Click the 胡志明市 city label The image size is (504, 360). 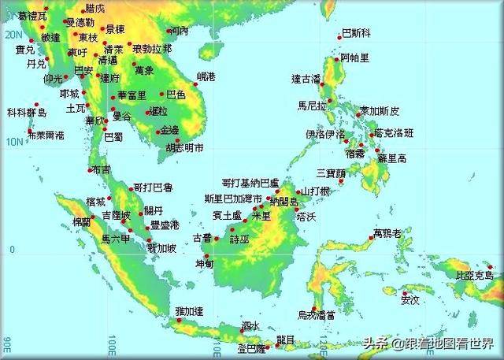(184, 147)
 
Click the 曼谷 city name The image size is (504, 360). (122, 115)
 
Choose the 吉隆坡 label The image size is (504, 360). (117, 215)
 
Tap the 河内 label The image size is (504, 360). (180, 32)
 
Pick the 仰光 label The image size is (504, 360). (54, 79)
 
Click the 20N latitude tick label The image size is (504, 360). (12, 35)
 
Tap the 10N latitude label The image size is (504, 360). (12, 143)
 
